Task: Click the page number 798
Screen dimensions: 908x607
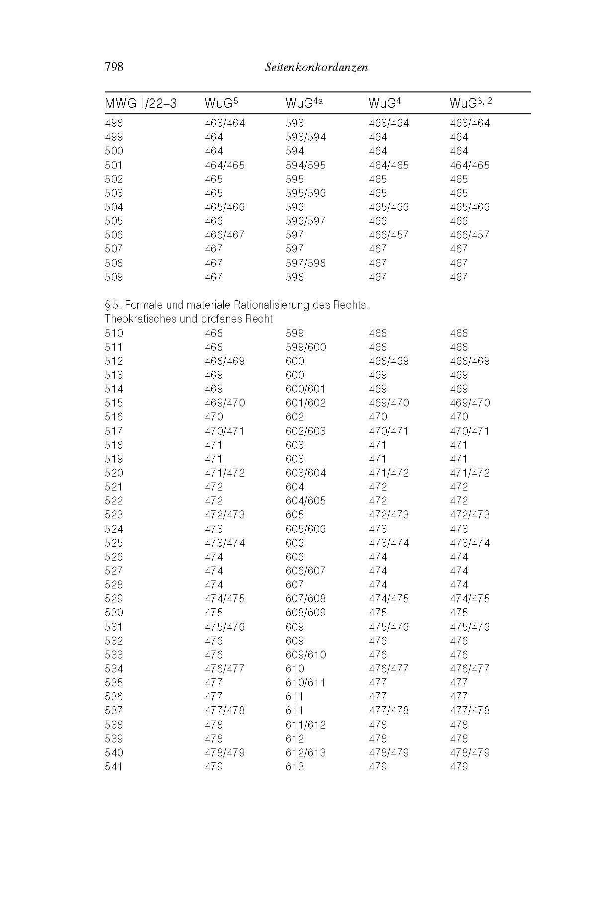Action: click(x=114, y=67)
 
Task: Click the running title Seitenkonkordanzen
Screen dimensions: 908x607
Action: click(x=317, y=68)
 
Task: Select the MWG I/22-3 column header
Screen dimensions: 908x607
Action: click(x=141, y=104)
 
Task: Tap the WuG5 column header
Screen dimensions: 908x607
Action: click(x=221, y=103)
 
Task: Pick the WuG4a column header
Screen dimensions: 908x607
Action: click(x=304, y=103)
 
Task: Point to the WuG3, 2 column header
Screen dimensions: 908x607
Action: click(x=470, y=103)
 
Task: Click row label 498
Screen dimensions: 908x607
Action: click(x=114, y=123)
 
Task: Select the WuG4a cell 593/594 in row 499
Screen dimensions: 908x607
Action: click(x=305, y=137)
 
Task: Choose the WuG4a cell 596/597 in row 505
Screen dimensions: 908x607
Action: click(x=305, y=221)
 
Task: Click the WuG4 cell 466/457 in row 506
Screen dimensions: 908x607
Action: click(x=388, y=235)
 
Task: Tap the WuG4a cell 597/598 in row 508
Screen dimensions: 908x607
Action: click(x=305, y=263)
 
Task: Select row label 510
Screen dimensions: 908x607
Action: click(x=114, y=333)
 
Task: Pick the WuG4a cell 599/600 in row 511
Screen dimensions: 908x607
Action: click(x=306, y=347)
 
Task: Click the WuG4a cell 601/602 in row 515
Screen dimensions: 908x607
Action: click(x=306, y=403)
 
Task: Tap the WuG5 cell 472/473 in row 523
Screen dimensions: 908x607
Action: click(x=225, y=515)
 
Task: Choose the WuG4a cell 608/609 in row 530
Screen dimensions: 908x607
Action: click(x=306, y=613)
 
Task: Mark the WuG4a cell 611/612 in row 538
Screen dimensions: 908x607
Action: click(x=306, y=725)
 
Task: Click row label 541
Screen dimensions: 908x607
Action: click(x=114, y=767)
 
